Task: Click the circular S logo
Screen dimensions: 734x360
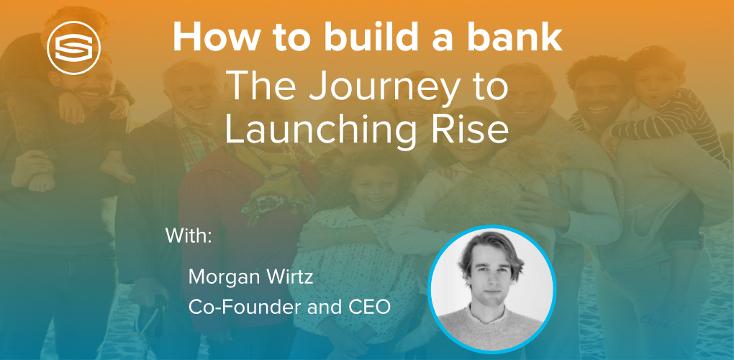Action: tap(73, 48)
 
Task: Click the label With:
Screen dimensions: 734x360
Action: tap(189, 235)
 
